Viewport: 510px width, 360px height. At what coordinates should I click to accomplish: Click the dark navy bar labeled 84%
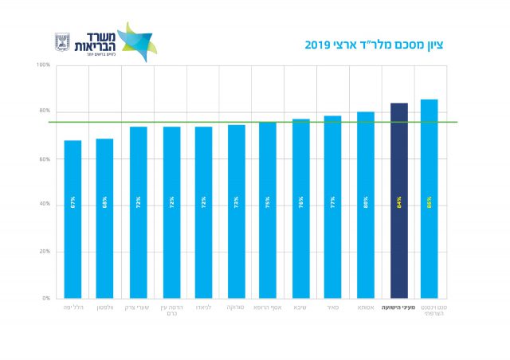click(399, 199)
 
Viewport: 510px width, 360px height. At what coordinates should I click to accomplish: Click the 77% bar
click(332, 206)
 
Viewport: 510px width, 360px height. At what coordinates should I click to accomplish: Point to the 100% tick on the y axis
click(43, 65)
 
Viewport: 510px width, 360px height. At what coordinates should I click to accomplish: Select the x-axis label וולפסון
click(105, 307)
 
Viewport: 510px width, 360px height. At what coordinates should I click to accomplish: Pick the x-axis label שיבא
click(300, 307)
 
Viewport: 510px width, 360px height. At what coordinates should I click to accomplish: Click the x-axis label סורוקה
click(235, 307)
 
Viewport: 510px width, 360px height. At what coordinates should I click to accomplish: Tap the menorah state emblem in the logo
click(62, 41)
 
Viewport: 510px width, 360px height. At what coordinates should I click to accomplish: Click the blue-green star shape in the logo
click(139, 41)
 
